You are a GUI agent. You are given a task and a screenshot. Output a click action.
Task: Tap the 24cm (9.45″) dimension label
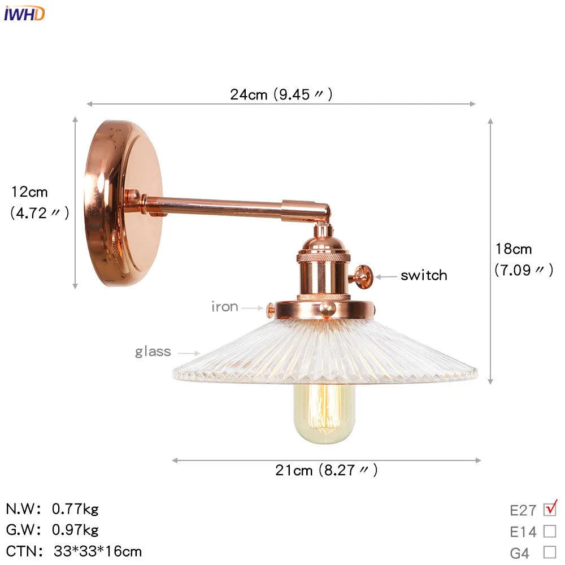(x=281, y=94)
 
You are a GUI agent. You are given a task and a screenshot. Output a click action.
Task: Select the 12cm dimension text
(x=30, y=192)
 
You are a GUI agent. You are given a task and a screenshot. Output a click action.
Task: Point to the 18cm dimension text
(x=514, y=249)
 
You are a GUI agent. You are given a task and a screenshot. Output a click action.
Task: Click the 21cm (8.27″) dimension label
(x=327, y=470)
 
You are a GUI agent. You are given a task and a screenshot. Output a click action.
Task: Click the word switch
(x=424, y=276)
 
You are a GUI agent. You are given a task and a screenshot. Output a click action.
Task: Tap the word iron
(x=225, y=307)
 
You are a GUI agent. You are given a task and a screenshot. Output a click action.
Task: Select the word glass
(x=153, y=351)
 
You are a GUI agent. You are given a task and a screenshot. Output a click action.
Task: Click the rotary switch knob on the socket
(x=362, y=276)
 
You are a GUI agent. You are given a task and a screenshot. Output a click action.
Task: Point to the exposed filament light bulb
(x=324, y=412)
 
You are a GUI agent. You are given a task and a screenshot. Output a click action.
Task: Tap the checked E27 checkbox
(x=550, y=509)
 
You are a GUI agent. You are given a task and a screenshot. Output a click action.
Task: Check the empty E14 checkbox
(x=550, y=531)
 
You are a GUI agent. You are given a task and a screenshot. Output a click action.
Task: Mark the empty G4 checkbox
(x=550, y=552)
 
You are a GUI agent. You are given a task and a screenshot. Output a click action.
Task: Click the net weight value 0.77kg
(x=75, y=509)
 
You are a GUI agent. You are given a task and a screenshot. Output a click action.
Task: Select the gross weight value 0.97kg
(x=75, y=530)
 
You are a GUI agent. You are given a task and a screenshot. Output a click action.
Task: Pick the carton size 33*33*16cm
(x=98, y=551)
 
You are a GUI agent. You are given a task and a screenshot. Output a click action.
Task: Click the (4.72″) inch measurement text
(x=40, y=213)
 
